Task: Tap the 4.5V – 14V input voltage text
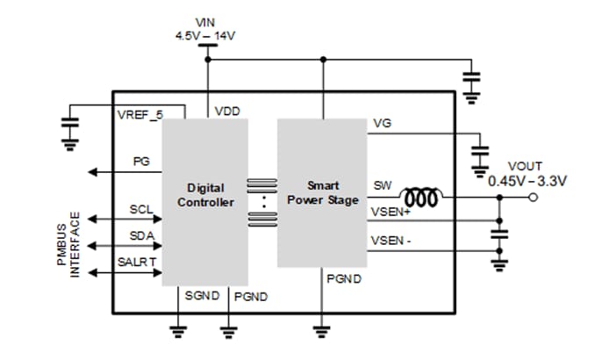click(x=207, y=37)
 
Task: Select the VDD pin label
click(x=227, y=112)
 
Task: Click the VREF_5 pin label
click(x=140, y=115)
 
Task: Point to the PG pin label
click(x=141, y=162)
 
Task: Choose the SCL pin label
click(x=141, y=210)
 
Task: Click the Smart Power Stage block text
click(x=322, y=192)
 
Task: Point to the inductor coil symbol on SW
click(x=422, y=198)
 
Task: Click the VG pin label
click(x=382, y=125)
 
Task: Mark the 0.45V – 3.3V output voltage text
click(x=527, y=181)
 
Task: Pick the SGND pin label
click(x=201, y=296)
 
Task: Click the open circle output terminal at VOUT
click(x=534, y=198)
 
